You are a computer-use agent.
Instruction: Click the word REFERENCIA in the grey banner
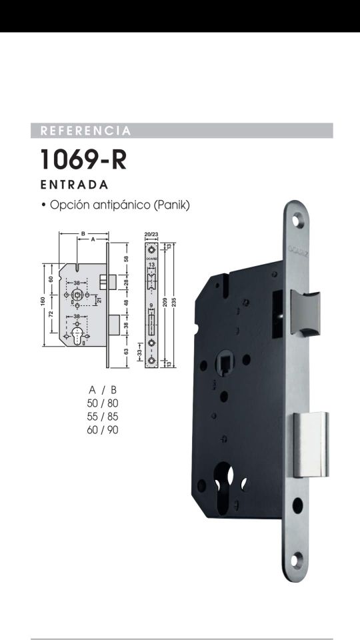click(85, 131)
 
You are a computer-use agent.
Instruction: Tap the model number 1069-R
click(83, 160)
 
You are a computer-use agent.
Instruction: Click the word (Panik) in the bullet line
click(172, 205)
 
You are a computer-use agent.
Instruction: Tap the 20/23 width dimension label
click(151, 235)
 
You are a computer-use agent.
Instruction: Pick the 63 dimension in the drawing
click(126, 351)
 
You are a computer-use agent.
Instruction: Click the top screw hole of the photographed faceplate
click(298, 223)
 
